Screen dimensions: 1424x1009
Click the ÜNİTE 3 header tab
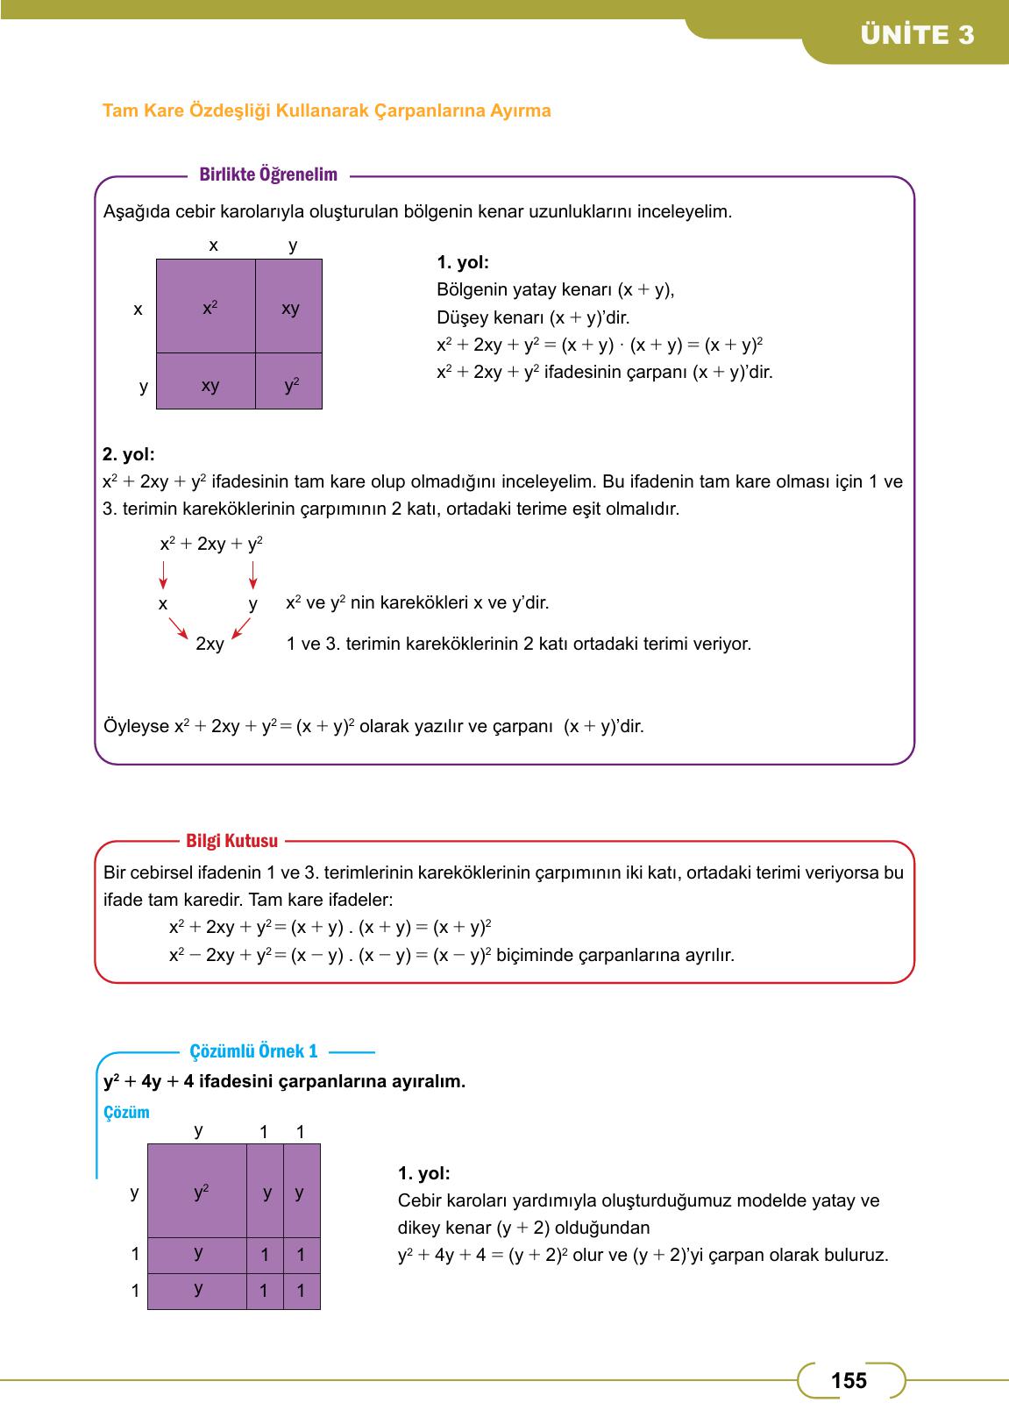coord(917,36)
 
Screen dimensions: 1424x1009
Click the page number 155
coord(849,1381)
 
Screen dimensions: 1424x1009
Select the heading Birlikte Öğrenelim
coord(268,174)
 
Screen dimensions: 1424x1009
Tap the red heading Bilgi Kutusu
coord(231,841)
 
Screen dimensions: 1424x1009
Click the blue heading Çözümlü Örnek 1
coord(253,1051)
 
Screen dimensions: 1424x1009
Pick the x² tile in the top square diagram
coord(207,307)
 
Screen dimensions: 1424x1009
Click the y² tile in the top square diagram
coord(289,382)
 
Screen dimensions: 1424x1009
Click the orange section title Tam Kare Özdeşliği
coord(326,111)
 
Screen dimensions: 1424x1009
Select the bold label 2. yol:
coord(128,454)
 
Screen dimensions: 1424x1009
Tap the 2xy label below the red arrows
coord(210,644)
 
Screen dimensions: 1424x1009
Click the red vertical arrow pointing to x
coord(163,574)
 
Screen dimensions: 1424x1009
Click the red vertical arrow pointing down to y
coord(253,574)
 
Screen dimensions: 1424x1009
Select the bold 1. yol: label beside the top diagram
coord(462,262)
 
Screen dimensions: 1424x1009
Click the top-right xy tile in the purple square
coord(289,307)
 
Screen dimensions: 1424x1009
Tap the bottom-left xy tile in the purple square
coord(207,382)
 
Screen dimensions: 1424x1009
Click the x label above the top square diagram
coord(213,246)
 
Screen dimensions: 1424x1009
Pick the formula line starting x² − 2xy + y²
coord(451,955)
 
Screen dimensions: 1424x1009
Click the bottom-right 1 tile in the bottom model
coord(301,1291)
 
